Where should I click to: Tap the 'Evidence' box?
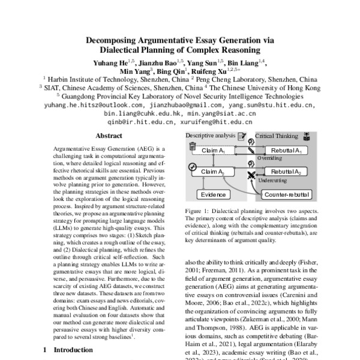click(214, 194)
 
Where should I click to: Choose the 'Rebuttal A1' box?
click(286, 150)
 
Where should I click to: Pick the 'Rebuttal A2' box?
click(286, 171)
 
